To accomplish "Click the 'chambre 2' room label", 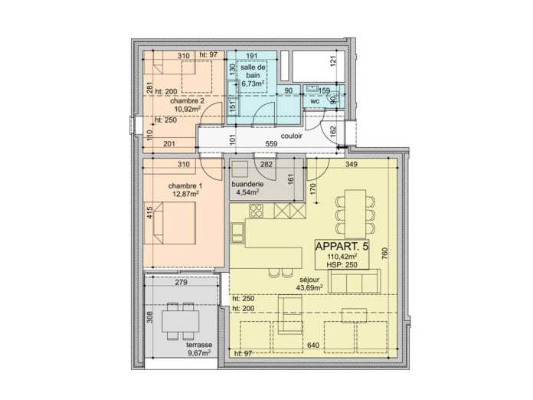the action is coord(188,101).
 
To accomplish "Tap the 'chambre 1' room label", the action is coord(185,186).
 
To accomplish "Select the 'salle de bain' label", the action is coord(253,71).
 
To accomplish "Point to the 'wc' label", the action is coord(315,101).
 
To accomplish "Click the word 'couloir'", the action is coord(292,136).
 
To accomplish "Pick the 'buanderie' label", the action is coord(247,184).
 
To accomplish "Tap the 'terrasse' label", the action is coord(199,345).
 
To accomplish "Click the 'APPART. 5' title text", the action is coord(342,245).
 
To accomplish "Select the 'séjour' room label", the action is coord(309,280).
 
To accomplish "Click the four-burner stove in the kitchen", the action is coord(257,211).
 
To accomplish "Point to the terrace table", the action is coord(181,321).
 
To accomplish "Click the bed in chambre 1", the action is coord(175,223).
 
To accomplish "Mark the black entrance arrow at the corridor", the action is coord(342,148).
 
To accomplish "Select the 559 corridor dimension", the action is coord(271,144).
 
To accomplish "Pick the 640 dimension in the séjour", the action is coord(313,346).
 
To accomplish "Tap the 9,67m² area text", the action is coord(199,352).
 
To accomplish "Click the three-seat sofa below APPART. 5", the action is coord(355,281).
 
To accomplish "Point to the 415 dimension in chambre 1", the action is coord(150,213).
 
